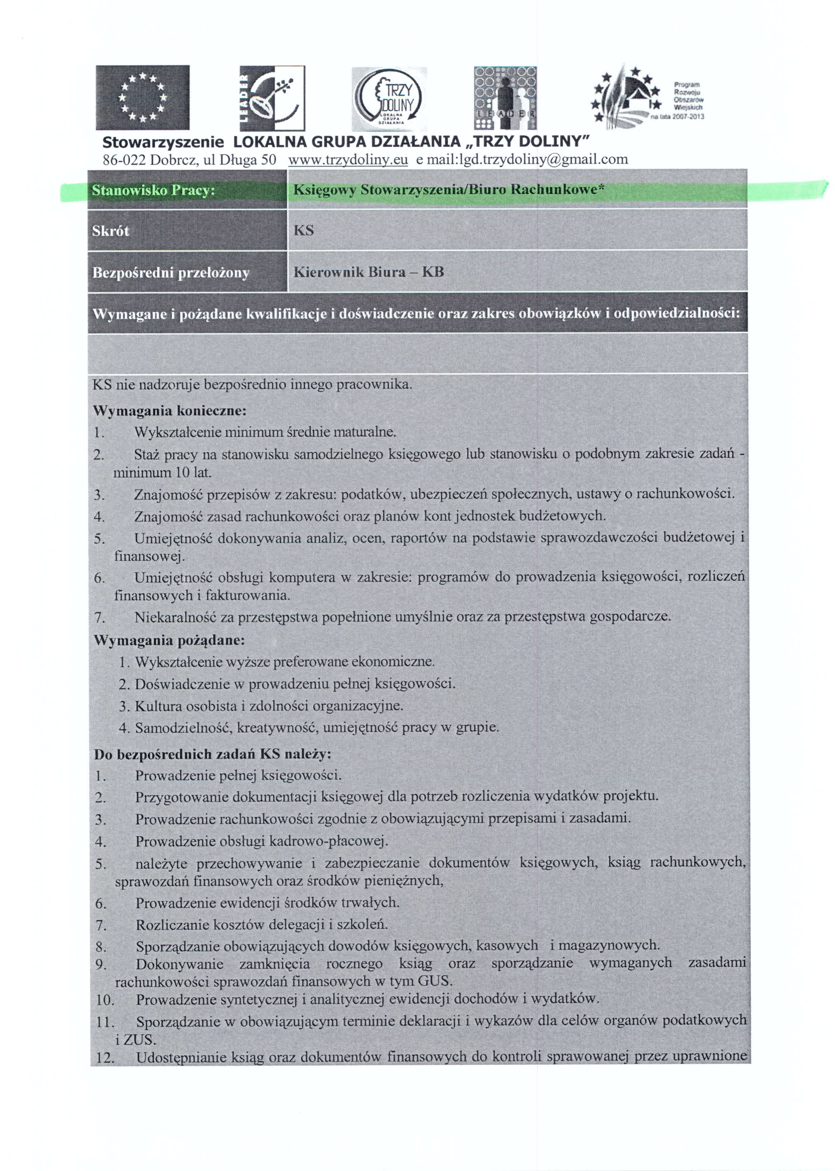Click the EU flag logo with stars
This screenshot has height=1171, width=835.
point(142,97)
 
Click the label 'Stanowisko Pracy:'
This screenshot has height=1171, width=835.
point(153,191)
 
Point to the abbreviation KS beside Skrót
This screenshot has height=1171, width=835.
point(303,230)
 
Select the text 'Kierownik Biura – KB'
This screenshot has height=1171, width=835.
point(368,272)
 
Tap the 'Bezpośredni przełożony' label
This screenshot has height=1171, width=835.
point(171,272)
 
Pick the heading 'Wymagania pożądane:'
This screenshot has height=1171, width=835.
point(169,640)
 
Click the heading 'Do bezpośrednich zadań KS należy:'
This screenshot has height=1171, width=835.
point(212,754)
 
